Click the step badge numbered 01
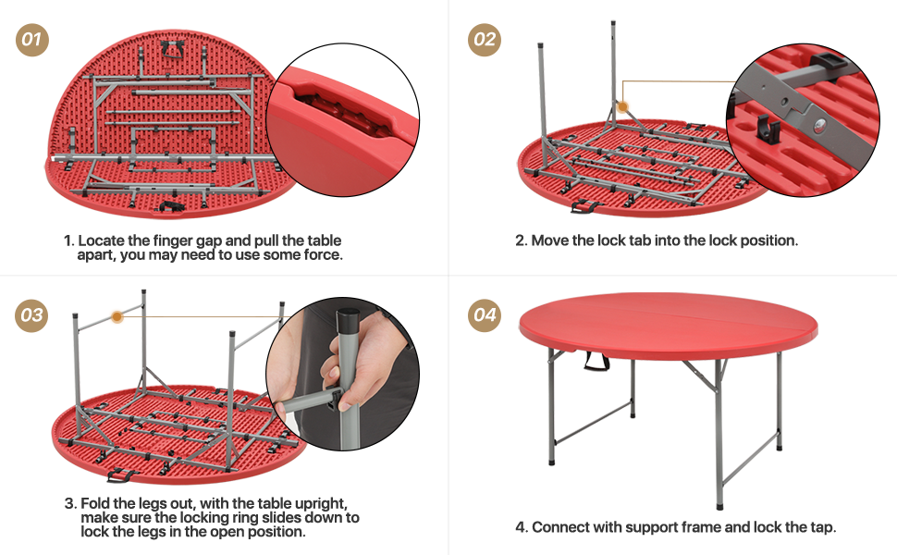tap(32, 39)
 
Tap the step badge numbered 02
tap(484, 39)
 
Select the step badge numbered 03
tap(32, 314)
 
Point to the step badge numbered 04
tap(484, 314)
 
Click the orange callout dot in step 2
tap(623, 108)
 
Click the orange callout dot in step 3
tap(117, 316)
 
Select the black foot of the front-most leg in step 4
tap(719, 504)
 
